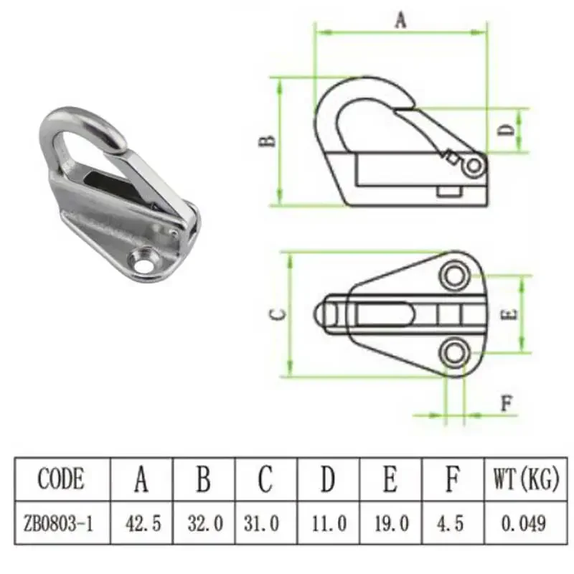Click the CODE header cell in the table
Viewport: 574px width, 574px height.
click(60, 479)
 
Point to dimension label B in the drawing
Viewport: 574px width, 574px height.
click(267, 141)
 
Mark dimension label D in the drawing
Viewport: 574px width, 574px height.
click(506, 131)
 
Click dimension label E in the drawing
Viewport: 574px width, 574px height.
click(506, 314)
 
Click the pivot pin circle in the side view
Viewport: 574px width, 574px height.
click(473, 166)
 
